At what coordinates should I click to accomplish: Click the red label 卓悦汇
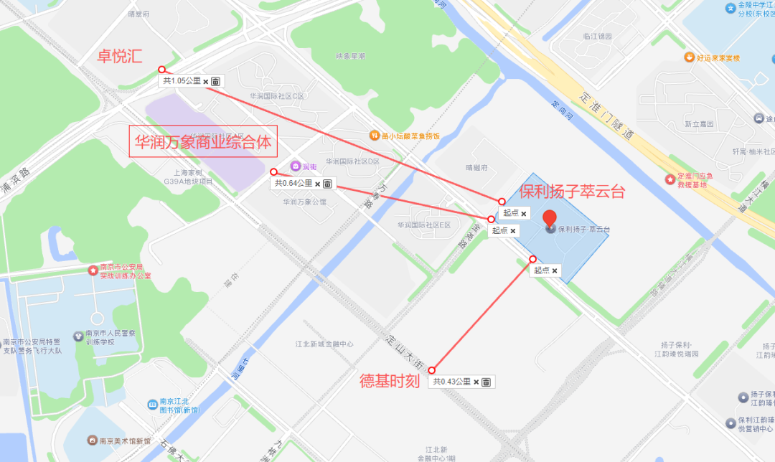click(x=120, y=57)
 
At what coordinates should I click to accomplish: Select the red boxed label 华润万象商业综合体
click(x=203, y=142)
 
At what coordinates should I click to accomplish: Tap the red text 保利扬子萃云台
click(x=572, y=192)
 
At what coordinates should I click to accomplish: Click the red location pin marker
click(x=550, y=219)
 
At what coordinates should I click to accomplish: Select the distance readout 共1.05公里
click(x=182, y=81)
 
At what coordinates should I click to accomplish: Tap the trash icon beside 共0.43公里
click(x=486, y=382)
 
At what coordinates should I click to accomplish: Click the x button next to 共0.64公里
click(x=318, y=184)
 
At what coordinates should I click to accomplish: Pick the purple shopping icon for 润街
click(x=295, y=166)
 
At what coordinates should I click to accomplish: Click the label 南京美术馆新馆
click(x=124, y=440)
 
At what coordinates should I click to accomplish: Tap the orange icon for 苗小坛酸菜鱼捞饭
click(x=374, y=135)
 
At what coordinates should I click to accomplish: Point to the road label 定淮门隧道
click(x=606, y=114)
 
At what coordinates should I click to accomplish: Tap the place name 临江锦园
click(x=597, y=36)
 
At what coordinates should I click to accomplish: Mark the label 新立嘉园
click(x=698, y=123)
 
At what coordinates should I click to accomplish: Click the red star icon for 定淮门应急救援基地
click(x=670, y=178)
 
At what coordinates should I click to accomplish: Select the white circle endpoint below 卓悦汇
click(x=161, y=70)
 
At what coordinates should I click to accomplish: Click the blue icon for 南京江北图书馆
click(x=152, y=405)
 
